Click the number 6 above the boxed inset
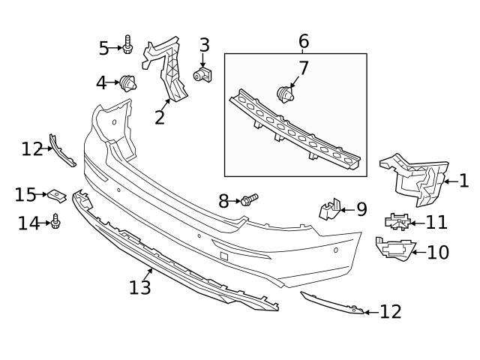pyautogui.click(x=304, y=40)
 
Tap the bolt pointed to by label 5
pyautogui.click(x=128, y=47)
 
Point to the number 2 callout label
pyautogui.click(x=159, y=117)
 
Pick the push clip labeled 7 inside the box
pyautogui.click(x=285, y=94)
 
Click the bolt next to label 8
pyautogui.click(x=250, y=199)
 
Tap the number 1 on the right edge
pyautogui.click(x=463, y=180)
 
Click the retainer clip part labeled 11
pyautogui.click(x=397, y=221)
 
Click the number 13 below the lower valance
pyautogui.click(x=140, y=286)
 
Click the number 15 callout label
pyautogui.click(x=25, y=195)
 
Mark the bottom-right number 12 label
pyautogui.click(x=391, y=311)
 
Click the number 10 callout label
pyautogui.click(x=438, y=252)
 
